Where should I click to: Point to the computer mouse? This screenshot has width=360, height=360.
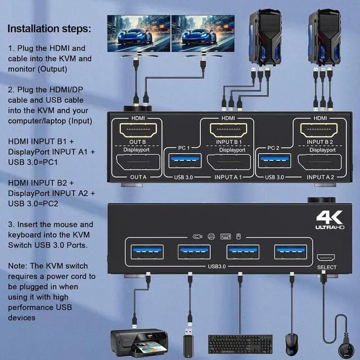(290, 342)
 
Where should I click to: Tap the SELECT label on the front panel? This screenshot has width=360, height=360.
(326, 267)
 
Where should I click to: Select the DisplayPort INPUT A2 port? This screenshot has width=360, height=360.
(319, 164)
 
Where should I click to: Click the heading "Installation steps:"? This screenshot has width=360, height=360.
(49, 28)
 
